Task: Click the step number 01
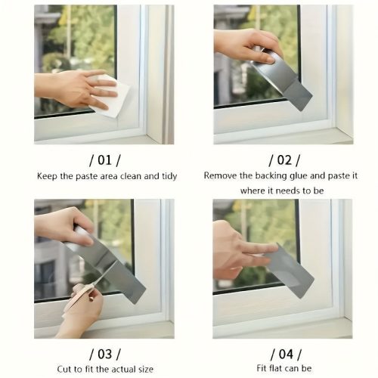coord(104,160)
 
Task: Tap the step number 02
coord(284,160)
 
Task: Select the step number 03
coord(105,354)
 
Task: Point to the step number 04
coord(286,354)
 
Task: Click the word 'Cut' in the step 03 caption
coord(64,369)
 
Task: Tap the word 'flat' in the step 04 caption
coord(276,368)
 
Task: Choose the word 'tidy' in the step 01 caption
coord(169,176)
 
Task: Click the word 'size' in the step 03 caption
coord(145,370)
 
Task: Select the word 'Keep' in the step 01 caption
coord(47,176)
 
